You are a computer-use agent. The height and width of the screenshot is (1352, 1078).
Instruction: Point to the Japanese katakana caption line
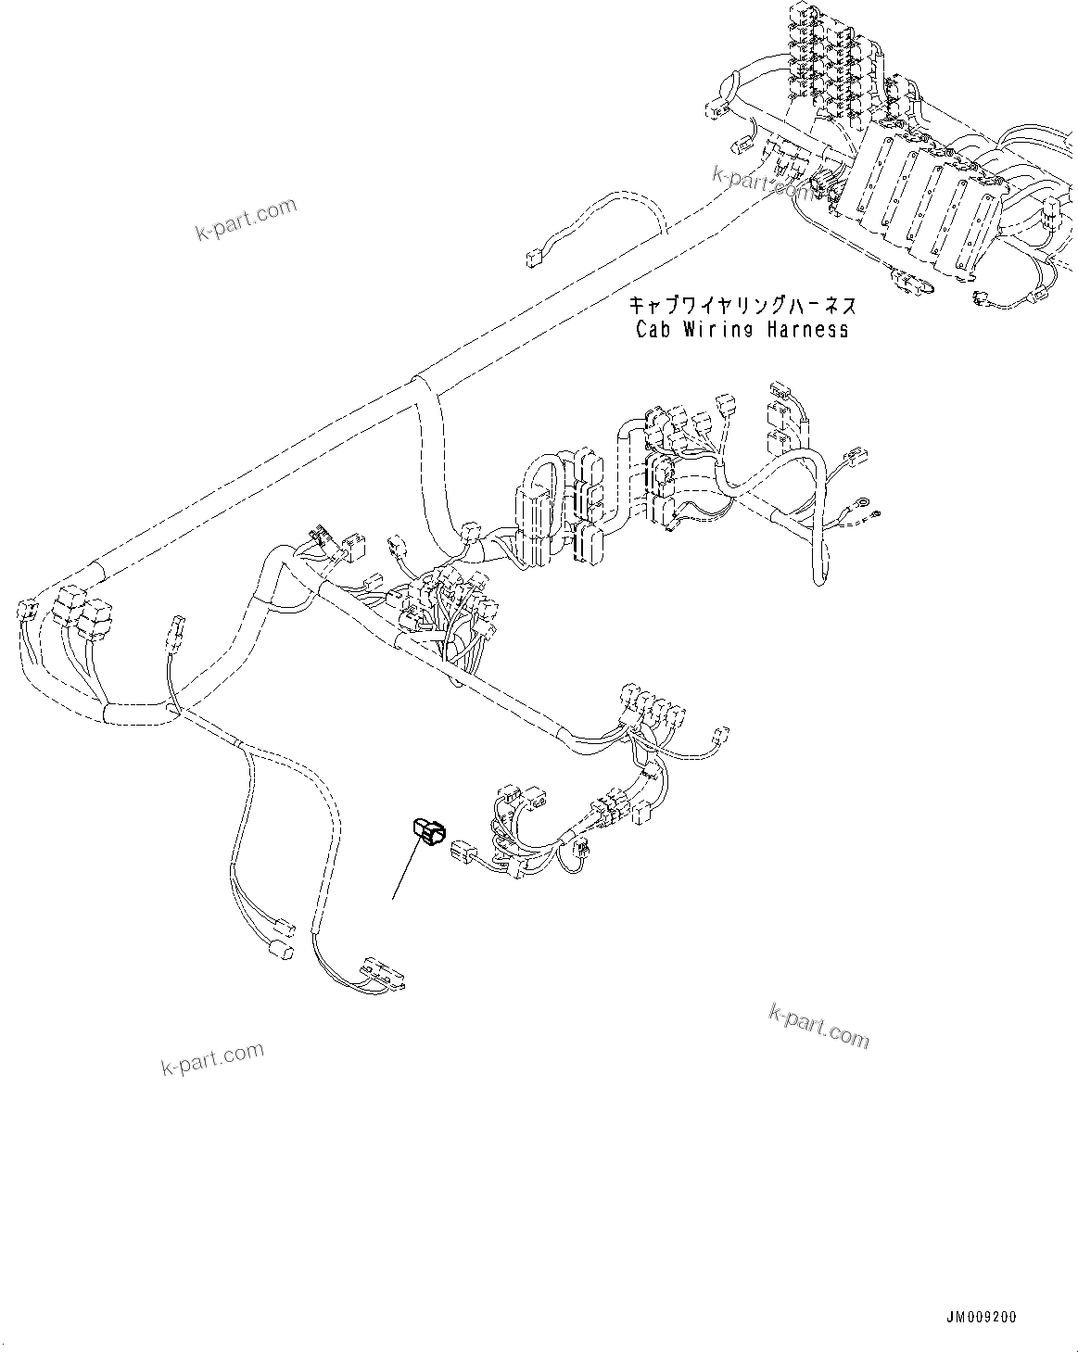click(742, 306)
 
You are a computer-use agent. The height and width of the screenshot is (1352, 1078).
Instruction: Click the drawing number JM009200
click(982, 1316)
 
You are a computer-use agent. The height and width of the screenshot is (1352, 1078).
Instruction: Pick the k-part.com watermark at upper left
click(247, 220)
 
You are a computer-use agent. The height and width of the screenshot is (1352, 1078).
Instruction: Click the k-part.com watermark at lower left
click(213, 1057)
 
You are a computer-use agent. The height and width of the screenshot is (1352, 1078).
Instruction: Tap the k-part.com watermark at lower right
click(819, 1024)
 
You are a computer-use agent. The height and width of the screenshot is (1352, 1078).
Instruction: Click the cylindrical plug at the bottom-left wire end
click(278, 951)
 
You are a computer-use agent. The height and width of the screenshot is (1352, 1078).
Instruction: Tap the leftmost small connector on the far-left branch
click(25, 611)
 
